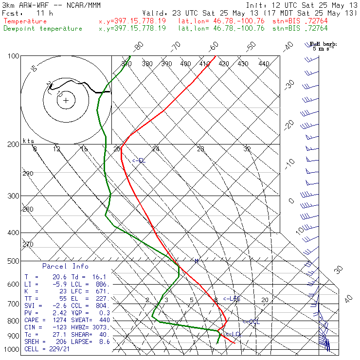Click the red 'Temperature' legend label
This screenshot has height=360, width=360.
pos(25,21)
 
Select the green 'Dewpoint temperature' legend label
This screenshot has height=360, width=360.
pos(43,29)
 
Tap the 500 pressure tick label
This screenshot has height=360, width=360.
pos(14,262)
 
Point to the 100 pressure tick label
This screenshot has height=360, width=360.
pos(14,56)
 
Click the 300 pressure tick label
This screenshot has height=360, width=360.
pos(14,196)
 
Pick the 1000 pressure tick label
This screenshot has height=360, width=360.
pos(12,349)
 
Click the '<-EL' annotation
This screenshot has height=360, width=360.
pos(139,161)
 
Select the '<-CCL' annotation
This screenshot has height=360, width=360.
pos(251,322)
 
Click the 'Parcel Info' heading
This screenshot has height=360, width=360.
pos(65,266)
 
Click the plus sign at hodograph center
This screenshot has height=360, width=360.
pos(66,101)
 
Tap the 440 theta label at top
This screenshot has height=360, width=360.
pos(263,64)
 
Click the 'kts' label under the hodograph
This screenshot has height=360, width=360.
pos(28,141)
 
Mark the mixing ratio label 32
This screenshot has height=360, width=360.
pos(247,149)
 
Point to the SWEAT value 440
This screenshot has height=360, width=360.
pos(105,321)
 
